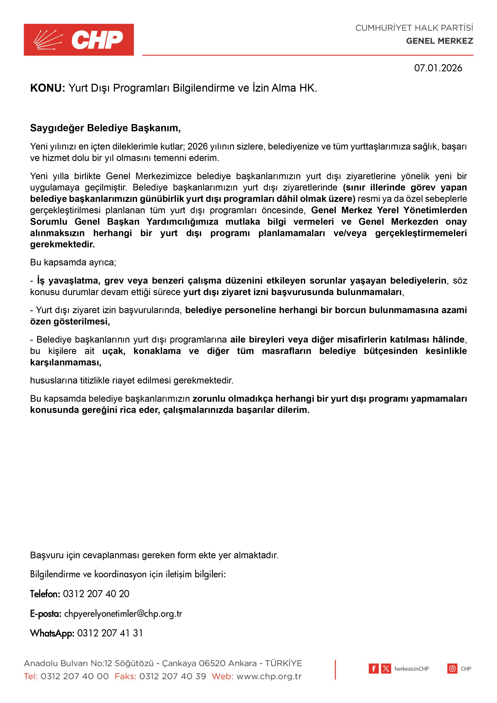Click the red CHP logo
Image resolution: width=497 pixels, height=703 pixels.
[79, 40]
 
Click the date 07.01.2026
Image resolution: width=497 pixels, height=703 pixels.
[438, 68]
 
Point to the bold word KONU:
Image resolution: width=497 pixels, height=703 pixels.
[47, 88]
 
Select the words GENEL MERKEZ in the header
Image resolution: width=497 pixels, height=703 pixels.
[439, 41]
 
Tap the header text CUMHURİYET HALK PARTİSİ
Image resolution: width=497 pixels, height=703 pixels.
[414, 28]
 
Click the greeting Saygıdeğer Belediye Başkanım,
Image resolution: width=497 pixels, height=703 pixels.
[105, 128]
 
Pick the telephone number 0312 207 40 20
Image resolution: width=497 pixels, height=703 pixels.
[96, 594]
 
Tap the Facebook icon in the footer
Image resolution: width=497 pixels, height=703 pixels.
[373, 669]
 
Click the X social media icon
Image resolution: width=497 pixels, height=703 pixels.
[386, 669]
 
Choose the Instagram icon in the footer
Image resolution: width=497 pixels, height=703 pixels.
[452, 669]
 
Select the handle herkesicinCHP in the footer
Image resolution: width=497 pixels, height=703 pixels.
[412, 669]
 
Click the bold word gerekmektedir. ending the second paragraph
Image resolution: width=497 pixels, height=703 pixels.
[63, 244]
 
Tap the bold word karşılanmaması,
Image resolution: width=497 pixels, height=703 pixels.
[66, 362]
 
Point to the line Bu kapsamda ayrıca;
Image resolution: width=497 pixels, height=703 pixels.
[73, 262]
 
